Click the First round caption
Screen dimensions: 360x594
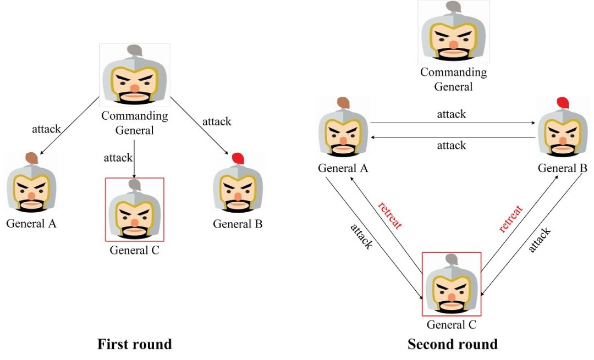click(x=135, y=345)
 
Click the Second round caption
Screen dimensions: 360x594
click(x=453, y=345)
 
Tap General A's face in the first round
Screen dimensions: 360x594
click(x=31, y=190)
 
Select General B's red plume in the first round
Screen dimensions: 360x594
click(x=238, y=158)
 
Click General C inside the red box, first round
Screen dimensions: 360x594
click(x=134, y=212)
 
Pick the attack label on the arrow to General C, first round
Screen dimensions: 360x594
click(x=118, y=158)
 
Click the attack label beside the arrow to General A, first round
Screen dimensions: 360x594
click(x=46, y=129)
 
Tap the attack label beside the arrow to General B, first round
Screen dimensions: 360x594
click(x=217, y=121)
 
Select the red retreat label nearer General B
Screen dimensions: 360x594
click(x=511, y=219)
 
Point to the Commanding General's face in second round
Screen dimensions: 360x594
click(x=453, y=37)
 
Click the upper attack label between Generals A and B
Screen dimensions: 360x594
click(x=452, y=114)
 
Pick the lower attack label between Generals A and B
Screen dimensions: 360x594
click(x=452, y=145)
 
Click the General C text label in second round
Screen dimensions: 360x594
click(x=452, y=324)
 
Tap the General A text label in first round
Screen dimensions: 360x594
click(x=31, y=224)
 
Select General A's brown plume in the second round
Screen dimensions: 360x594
click(x=343, y=103)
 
